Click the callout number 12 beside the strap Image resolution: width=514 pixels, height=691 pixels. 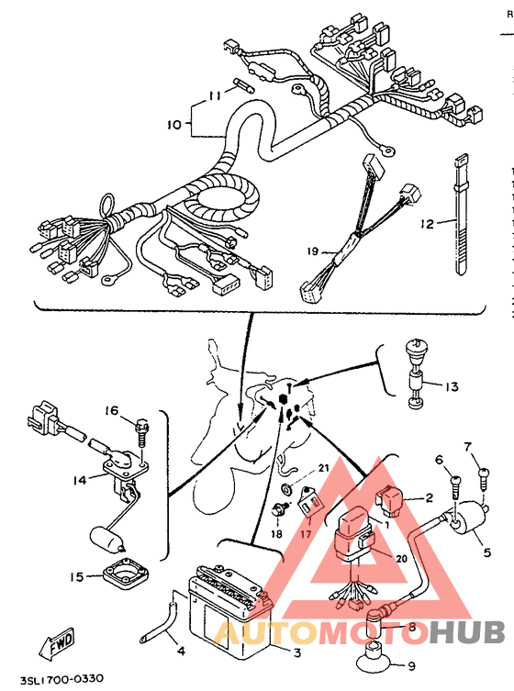427,224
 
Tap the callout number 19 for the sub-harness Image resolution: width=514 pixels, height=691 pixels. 313,251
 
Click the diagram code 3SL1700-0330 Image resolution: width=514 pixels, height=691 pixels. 61,679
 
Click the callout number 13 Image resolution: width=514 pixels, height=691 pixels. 452,387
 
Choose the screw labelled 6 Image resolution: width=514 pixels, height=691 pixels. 455,485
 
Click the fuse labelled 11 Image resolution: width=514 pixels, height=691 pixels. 243,85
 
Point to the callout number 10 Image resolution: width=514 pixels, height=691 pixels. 174,125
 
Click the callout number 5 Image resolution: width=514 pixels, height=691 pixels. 486,552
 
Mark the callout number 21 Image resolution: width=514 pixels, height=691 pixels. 324,468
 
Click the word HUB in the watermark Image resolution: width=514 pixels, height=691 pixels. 467,632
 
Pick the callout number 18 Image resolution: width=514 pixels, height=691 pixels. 277,534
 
